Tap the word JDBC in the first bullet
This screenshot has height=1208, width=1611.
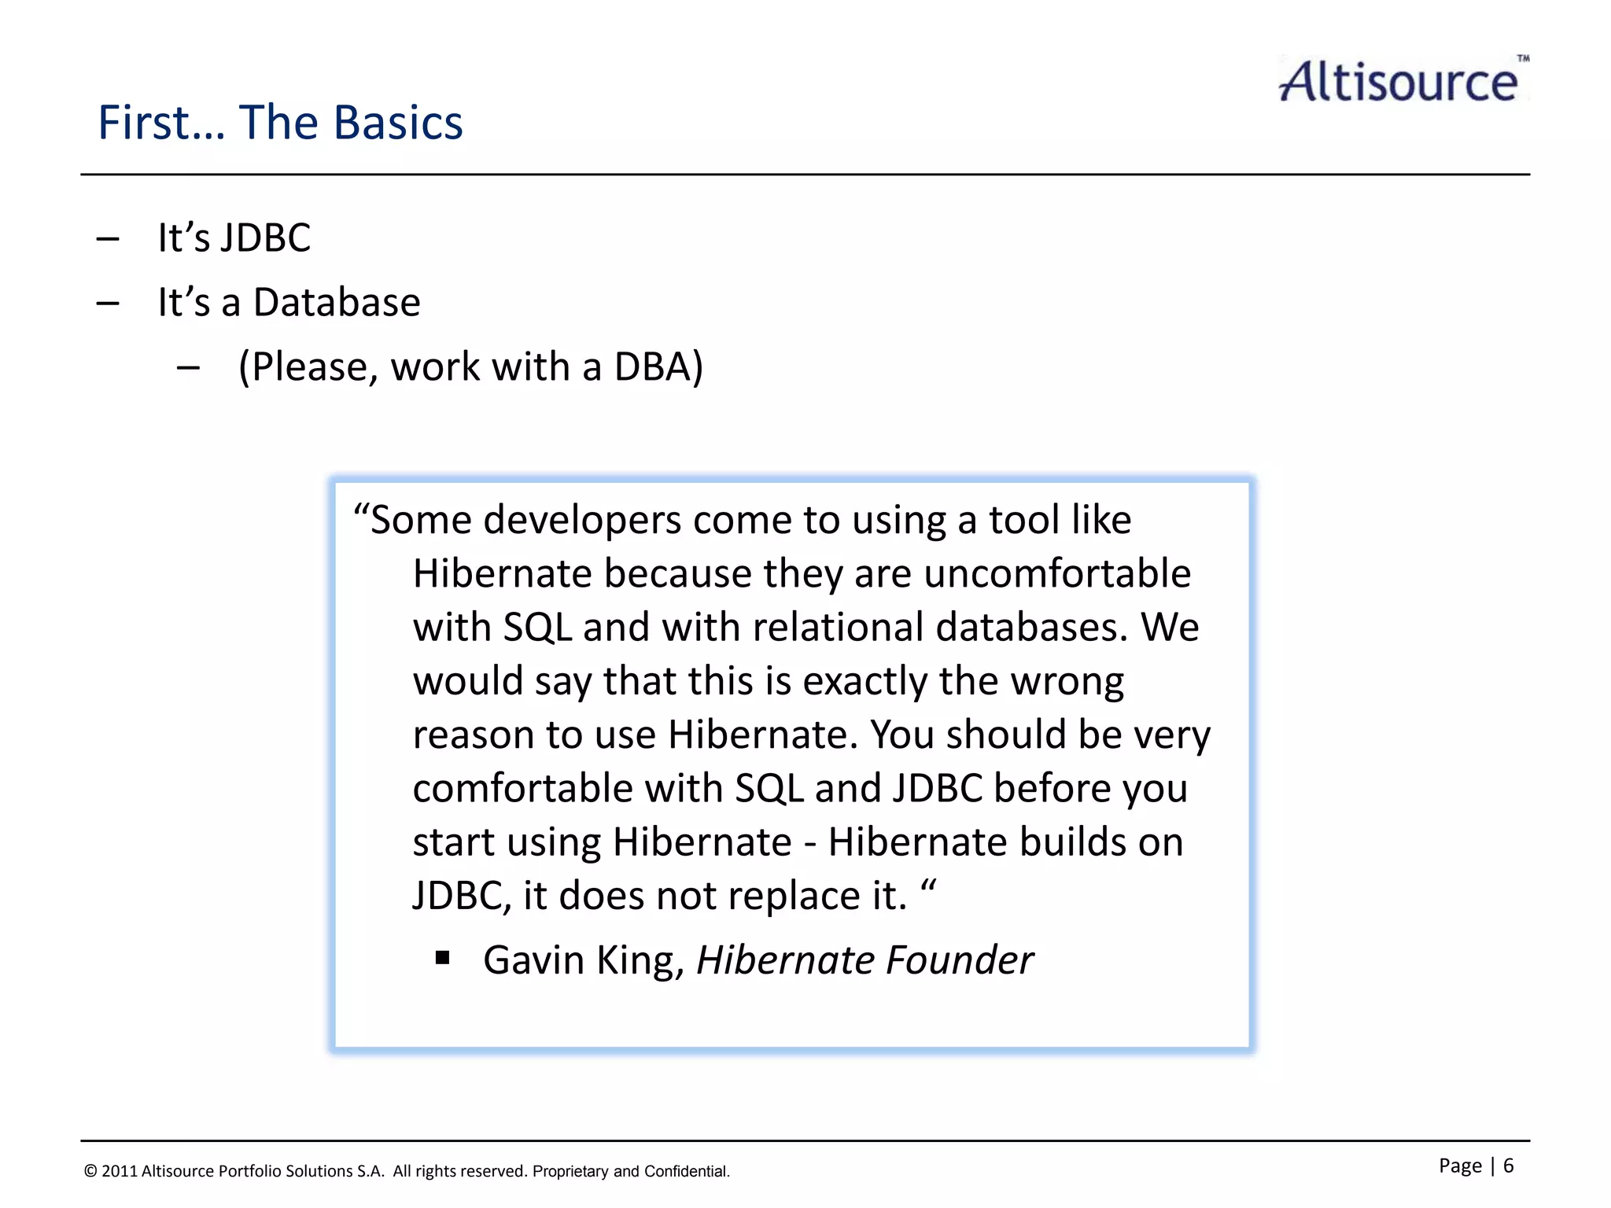266,238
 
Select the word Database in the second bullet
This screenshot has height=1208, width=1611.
337,303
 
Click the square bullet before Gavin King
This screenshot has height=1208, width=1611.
443,958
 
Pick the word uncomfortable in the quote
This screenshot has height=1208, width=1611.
1057,573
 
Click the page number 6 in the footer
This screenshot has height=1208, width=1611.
1508,1166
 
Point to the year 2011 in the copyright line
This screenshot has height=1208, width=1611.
119,1171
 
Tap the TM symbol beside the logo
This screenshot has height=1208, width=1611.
1523,59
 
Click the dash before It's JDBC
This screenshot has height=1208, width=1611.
108,238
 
